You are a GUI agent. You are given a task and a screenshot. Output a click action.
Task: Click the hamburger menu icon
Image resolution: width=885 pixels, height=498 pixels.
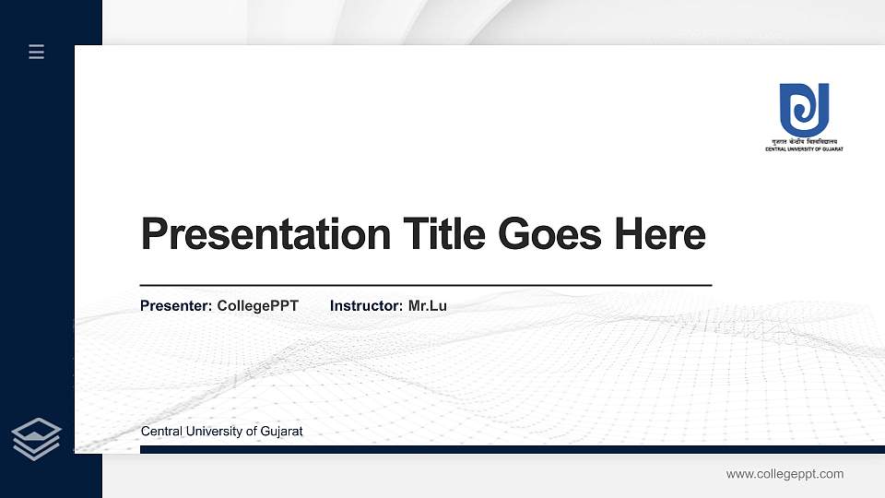pyautogui.click(x=37, y=52)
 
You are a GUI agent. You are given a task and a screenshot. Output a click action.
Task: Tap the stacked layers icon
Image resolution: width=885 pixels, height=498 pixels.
pyautogui.click(x=37, y=439)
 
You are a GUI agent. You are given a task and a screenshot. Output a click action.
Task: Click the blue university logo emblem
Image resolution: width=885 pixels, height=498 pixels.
pyautogui.click(x=804, y=110)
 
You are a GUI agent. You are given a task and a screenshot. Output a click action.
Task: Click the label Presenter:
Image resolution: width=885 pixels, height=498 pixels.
pyautogui.click(x=176, y=305)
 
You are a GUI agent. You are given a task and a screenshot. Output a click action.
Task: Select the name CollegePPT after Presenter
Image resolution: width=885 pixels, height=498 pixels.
pyautogui.click(x=258, y=305)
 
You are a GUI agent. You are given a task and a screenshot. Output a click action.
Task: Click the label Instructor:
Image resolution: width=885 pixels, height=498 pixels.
pyautogui.click(x=366, y=305)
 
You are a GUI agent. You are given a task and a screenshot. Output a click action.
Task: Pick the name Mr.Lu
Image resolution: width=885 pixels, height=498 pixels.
pyautogui.click(x=428, y=305)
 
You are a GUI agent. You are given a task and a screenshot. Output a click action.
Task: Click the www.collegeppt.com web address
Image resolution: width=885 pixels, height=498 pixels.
pyautogui.click(x=785, y=474)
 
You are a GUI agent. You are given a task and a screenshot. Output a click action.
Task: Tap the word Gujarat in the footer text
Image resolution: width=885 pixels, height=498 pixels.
pyautogui.click(x=280, y=432)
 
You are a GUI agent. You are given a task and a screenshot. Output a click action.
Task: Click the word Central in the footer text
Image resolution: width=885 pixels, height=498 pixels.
pyautogui.click(x=161, y=432)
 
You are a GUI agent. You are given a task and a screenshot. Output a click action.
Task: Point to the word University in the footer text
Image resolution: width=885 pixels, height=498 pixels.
pyautogui.click(x=213, y=432)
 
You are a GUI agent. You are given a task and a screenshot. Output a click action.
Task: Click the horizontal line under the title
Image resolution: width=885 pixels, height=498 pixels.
pyautogui.click(x=425, y=286)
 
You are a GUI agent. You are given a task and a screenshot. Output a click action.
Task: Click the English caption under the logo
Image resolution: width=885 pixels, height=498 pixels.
pyautogui.click(x=804, y=149)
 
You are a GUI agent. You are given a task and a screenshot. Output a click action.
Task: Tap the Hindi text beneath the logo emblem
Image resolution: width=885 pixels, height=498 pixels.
pyautogui.click(x=804, y=143)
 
